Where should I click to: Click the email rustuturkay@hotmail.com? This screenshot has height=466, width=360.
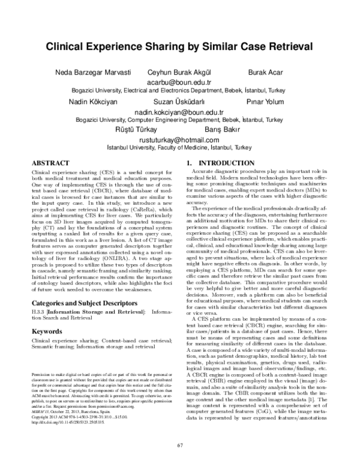[x=179, y=139]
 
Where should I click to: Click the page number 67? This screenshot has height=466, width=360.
[x=180, y=444]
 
